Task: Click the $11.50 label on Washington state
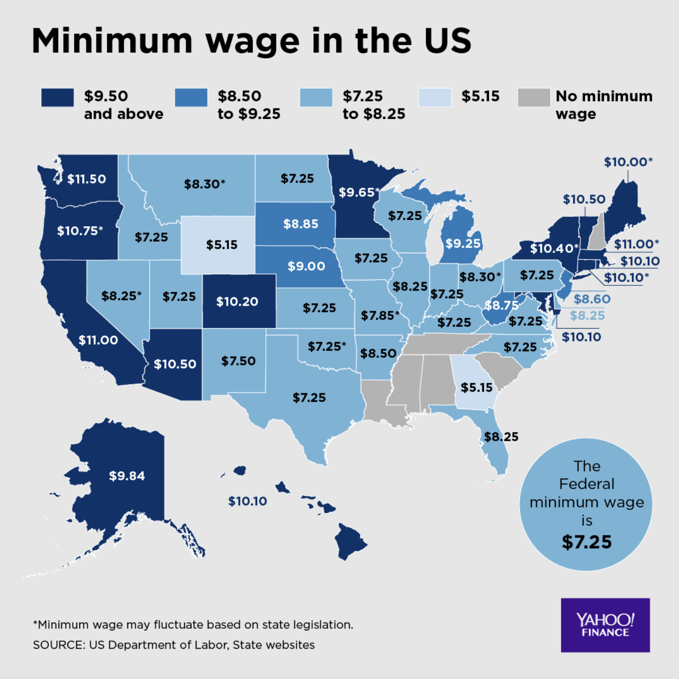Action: point(87,179)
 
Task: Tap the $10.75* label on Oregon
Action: point(80,231)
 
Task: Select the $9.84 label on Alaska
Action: point(127,476)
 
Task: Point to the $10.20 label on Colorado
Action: point(237,301)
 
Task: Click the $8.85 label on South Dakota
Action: point(301,224)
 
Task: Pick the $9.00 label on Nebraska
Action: point(306,266)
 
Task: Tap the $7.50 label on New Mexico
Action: point(238,361)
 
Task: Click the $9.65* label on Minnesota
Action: point(359,192)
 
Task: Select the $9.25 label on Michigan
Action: point(463,244)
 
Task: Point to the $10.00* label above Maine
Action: point(628,162)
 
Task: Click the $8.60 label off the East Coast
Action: point(592,299)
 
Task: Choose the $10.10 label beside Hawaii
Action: point(248,501)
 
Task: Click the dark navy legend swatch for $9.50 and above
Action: point(57,98)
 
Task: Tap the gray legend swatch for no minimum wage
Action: point(533,98)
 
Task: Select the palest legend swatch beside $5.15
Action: point(434,98)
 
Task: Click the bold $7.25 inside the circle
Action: point(587,542)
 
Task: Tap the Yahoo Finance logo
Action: point(605,625)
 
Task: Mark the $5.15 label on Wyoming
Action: point(222,245)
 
